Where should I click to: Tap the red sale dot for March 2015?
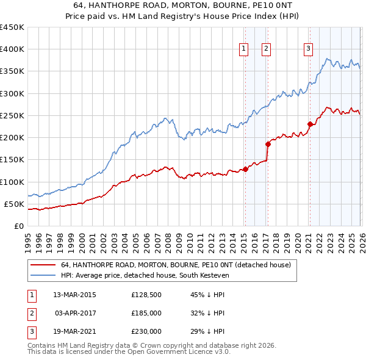coord(245,169)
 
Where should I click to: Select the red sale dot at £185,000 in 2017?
coord(267,144)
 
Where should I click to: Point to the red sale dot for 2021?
coord(310,124)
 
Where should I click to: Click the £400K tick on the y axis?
coord(12,49)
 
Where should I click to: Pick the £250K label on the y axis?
coord(12,115)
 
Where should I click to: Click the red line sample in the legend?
coord(42,265)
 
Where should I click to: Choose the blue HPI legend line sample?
coord(42,275)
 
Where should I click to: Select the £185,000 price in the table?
coord(146,313)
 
